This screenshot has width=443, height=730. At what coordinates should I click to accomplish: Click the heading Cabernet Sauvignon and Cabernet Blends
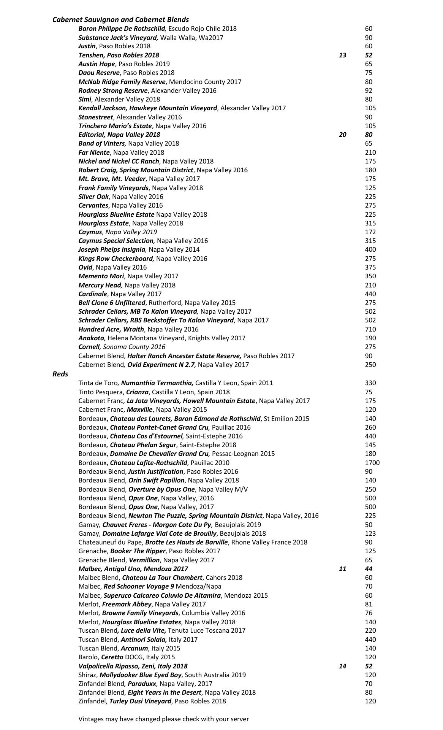pos(120,19)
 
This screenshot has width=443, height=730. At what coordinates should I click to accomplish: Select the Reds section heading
pos(60,374)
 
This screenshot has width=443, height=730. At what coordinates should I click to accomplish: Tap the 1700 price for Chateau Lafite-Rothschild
pos(372,463)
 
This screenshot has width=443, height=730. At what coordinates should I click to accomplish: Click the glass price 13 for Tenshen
pos(342,55)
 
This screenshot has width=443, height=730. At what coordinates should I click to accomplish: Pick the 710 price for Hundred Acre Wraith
pos(370,329)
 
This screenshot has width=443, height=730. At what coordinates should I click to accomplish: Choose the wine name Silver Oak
pos(93,197)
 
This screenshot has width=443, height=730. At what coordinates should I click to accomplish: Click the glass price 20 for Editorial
pos(342,135)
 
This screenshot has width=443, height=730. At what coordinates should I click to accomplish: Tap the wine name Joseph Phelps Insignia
pos(112,249)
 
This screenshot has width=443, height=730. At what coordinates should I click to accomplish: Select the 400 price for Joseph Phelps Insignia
pos(370,249)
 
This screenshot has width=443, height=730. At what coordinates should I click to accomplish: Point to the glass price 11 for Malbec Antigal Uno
pos(342,569)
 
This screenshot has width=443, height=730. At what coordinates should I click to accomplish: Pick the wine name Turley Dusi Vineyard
pos(140,701)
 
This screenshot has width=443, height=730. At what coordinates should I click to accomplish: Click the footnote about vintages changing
pos(163,719)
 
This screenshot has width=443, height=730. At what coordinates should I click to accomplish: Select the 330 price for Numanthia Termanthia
pos(370,383)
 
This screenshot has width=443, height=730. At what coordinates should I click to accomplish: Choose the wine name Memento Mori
pos(101,276)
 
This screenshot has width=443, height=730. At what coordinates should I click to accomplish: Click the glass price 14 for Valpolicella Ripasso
pos(342,666)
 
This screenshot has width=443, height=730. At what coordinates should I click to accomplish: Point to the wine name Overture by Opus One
pos(161,489)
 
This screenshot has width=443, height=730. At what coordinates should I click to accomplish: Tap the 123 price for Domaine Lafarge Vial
pos(370,533)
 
